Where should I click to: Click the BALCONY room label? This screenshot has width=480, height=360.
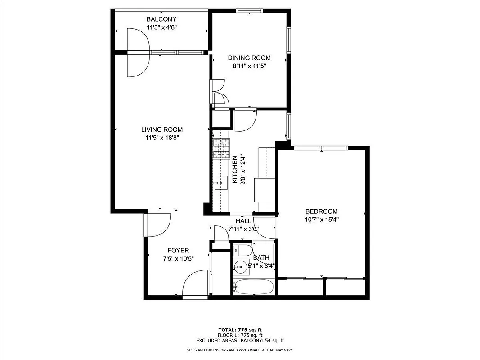tap(161, 19)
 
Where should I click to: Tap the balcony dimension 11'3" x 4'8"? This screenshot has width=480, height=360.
tap(161, 27)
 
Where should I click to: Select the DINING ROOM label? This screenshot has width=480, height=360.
tap(249, 58)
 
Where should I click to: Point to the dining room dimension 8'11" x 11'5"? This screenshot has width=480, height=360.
tap(249, 66)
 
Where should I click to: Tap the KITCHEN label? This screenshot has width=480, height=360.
tap(234, 170)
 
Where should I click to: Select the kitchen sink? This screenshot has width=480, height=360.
tap(221, 182)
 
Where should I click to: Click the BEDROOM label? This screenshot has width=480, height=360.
tap(321, 211)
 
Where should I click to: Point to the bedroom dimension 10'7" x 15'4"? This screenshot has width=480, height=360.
tap(321, 220)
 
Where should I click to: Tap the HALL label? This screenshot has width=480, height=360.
tap(243, 221)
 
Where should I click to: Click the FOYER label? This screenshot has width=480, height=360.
tap(178, 251)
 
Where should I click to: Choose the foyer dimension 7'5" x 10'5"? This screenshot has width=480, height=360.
tap(178, 259)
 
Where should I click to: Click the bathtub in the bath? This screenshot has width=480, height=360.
tap(254, 287)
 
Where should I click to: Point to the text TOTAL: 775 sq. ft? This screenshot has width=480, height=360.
tap(240, 330)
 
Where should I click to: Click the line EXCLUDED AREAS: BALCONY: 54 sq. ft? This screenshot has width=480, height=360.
tap(240, 341)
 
